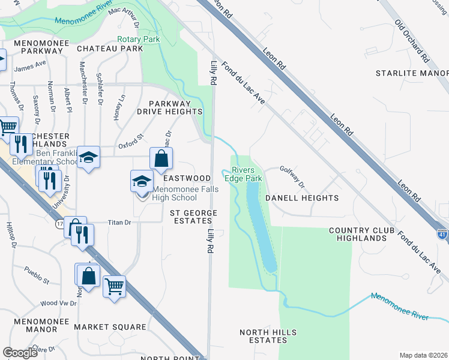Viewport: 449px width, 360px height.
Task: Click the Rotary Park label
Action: pyautogui.click(x=138, y=39)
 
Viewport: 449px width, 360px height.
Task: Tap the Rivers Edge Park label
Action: pyautogui.click(x=243, y=175)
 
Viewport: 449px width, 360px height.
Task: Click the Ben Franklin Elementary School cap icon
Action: pyautogui.click(x=89, y=158)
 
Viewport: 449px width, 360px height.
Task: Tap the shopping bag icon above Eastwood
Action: pyautogui.click(x=161, y=159)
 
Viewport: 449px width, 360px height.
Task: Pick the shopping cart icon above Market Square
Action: pyautogui.click(x=113, y=286)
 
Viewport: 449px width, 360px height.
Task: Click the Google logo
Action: pyautogui.click(x=20, y=352)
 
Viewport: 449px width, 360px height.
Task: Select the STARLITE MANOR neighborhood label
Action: pyautogui.click(x=408, y=73)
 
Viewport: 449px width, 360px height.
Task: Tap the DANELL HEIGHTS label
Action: pyautogui.click(x=302, y=197)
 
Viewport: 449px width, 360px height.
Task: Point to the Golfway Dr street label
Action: pyautogui.click(x=292, y=177)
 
